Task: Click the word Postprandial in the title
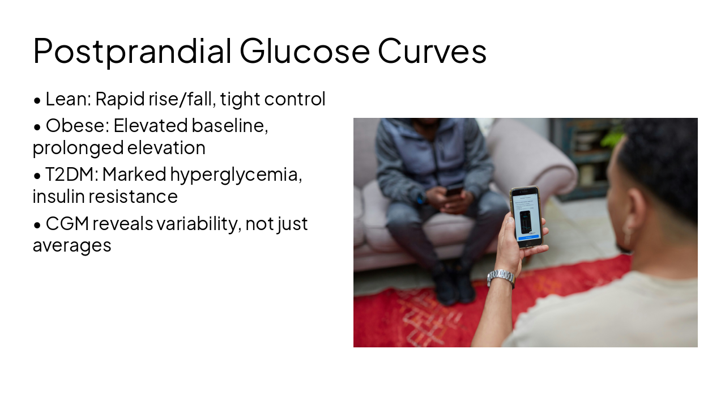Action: tap(132, 51)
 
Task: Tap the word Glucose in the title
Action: tap(305, 51)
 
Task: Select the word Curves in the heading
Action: tap(432, 51)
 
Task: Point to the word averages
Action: tap(72, 246)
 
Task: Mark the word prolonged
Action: tap(78, 148)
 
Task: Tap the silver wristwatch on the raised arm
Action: tap(501, 277)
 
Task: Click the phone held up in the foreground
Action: tap(526, 217)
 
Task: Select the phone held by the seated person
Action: tap(454, 190)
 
